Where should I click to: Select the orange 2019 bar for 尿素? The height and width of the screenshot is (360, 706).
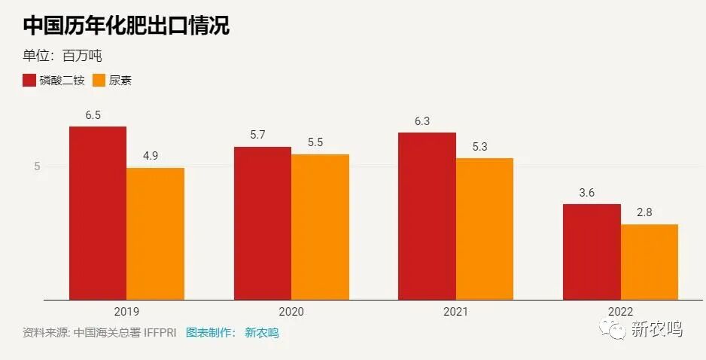[155, 233]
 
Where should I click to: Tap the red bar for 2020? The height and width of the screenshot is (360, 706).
[262, 223]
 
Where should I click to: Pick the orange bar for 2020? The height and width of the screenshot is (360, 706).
[320, 227]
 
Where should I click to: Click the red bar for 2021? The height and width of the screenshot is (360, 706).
[427, 216]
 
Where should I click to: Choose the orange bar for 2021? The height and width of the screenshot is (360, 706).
[484, 229]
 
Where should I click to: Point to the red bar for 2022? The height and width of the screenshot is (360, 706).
[592, 252]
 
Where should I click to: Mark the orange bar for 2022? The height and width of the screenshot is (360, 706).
[649, 261]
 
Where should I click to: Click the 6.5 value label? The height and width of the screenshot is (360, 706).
[93, 115]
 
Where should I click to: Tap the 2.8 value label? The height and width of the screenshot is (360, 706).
[644, 212]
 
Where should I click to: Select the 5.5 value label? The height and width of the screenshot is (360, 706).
[315, 142]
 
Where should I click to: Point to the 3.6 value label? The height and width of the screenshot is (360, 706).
[587, 193]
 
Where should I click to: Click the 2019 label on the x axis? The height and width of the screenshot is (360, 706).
[126, 311]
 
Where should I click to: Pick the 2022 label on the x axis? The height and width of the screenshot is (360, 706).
[620, 311]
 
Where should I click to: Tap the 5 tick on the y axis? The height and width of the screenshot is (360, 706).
[37, 166]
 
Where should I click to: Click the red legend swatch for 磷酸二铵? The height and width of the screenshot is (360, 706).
[29, 80]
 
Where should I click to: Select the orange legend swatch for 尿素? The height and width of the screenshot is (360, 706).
[99, 80]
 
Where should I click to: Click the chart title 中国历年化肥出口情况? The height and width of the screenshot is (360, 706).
[126, 26]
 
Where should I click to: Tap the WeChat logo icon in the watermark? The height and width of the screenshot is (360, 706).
[612, 328]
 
